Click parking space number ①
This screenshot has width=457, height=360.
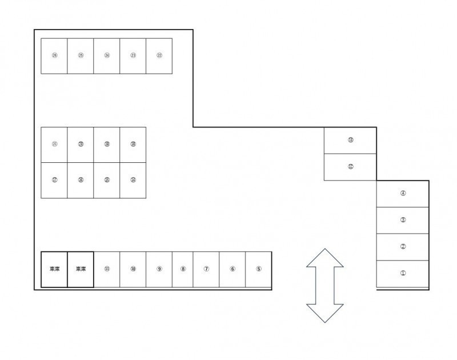403,274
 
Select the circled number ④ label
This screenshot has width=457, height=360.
403,193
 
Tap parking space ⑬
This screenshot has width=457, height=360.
350,141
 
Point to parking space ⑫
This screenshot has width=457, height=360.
350,167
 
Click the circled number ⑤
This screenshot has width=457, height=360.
259,269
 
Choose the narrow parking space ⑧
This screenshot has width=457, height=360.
183,269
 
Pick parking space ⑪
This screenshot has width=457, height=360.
107,269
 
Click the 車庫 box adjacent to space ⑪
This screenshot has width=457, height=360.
81,269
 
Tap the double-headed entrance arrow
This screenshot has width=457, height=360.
325,286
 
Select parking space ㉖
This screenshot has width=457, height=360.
54,56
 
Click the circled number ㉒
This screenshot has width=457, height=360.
159,55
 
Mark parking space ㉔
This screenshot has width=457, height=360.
107,56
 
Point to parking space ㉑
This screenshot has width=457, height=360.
54,145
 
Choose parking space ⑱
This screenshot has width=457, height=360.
133,145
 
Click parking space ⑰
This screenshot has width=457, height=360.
54,180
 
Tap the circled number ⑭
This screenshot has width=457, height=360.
133,180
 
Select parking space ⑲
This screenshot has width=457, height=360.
107,145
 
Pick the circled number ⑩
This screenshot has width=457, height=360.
133,269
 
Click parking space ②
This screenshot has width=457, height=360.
403,247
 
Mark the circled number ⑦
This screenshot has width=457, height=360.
206,269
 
